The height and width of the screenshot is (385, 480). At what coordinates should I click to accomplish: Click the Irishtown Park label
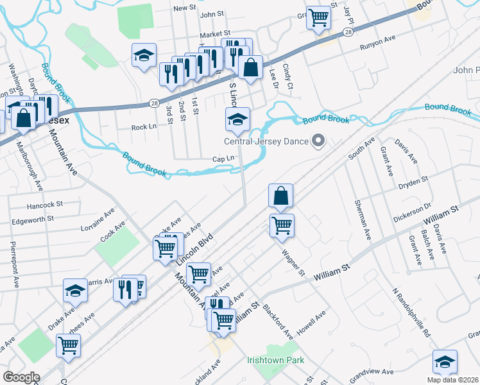coord(275,360)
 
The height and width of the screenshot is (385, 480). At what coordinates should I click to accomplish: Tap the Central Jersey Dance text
coord(265,142)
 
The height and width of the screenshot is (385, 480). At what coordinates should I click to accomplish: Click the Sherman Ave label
coord(363,219)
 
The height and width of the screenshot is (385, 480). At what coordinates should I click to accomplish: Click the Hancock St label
coord(45,206)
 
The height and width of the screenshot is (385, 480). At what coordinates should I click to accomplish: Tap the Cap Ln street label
coord(223,159)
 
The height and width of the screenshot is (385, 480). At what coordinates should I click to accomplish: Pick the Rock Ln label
coord(144,127)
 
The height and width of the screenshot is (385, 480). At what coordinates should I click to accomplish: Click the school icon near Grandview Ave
coord(445,361)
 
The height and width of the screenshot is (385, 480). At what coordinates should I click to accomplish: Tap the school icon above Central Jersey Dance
coord(237,119)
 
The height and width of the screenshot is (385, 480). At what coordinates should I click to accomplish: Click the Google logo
coord(21,377)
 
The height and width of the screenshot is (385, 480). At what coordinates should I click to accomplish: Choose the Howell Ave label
coord(311,318)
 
